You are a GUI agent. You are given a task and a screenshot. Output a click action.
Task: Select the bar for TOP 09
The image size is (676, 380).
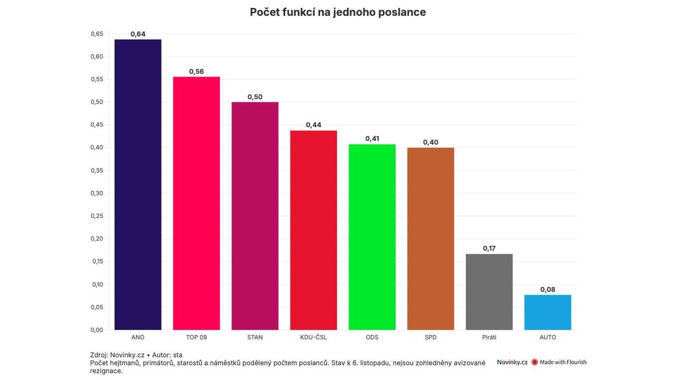point(196,203)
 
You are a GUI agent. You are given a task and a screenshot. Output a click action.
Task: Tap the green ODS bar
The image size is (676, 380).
point(372,237)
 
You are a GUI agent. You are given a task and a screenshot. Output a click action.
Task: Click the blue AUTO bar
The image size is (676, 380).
point(548,312)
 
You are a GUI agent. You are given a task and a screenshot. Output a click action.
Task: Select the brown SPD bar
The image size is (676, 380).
point(430,239)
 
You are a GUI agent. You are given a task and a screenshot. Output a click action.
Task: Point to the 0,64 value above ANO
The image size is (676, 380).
point(137,34)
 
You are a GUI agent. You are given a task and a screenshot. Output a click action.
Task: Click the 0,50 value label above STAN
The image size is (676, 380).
point(255,97)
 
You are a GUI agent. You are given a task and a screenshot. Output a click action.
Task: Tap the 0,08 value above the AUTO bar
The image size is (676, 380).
point(548,289)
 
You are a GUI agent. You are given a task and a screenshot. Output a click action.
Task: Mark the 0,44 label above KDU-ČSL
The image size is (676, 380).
point(313,125)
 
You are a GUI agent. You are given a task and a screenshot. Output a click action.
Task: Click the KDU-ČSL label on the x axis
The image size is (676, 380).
point(313,337)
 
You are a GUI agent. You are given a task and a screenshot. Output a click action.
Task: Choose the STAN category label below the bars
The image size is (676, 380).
point(255,337)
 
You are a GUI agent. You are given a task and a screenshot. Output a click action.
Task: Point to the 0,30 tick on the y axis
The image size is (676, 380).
point(96,193)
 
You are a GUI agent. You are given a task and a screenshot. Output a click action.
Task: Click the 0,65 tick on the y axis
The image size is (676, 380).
point(96,34)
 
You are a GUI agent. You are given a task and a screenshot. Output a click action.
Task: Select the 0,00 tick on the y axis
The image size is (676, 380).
point(96,330)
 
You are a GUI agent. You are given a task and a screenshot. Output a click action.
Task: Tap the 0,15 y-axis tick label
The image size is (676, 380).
point(96,262)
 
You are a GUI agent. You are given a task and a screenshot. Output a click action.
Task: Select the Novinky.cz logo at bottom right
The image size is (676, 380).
point(512,362)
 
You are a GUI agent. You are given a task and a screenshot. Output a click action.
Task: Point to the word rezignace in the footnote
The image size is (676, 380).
point(106,371)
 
